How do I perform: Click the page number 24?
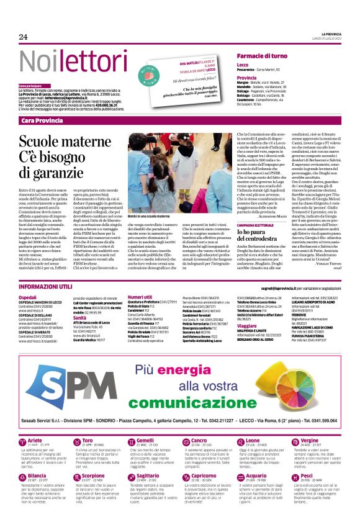click(x=23, y=37)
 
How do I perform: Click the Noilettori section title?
click(x=66, y=62)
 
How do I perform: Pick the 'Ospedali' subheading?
click(x=28, y=297)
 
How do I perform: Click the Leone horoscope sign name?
click(x=244, y=440)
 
